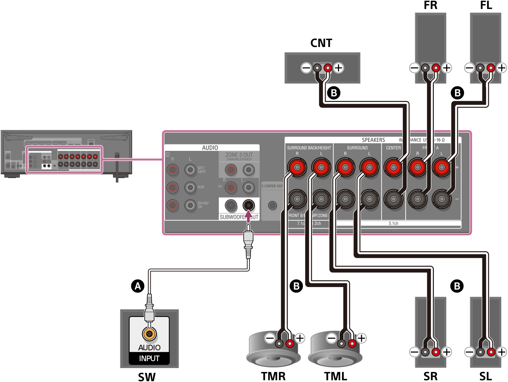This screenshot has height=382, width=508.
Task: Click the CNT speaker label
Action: pos(321,43)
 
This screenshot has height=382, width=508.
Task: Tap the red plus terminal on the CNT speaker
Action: pos(328,67)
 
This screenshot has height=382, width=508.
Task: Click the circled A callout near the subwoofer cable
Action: pos(138,286)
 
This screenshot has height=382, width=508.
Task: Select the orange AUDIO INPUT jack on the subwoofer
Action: pos(149,334)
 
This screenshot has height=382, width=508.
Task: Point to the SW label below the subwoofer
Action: pos(147,376)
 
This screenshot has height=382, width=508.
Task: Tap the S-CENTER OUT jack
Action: pos(272,205)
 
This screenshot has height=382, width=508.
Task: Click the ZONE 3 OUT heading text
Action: pos(239,155)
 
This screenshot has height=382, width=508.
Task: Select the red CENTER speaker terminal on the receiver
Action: pos(393,167)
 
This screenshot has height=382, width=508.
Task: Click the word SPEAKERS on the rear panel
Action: pos(373,140)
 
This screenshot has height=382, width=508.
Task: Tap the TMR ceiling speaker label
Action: pos(273,376)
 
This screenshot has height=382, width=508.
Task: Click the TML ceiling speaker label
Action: pos(335,376)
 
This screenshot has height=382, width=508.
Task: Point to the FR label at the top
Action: pos(430,6)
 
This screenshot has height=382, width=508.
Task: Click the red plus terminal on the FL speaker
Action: pos(491,67)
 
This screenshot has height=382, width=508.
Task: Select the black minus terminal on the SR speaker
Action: pos(425,352)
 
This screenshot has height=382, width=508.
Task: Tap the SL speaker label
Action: pos(485,376)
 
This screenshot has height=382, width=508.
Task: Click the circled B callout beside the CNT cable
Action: pos(334,93)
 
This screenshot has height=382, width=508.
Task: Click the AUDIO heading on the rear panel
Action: pos(210,148)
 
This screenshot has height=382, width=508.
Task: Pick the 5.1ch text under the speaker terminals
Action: pos(393,223)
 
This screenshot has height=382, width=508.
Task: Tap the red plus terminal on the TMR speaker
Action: pos(289,344)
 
